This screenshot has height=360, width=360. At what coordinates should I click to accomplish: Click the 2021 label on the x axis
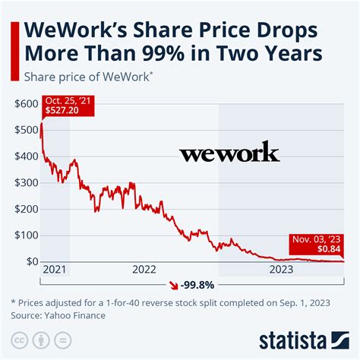coord(55,269)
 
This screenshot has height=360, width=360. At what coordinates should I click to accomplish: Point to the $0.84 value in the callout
coord(328,248)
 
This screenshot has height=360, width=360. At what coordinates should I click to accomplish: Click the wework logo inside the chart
coord(229,155)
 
